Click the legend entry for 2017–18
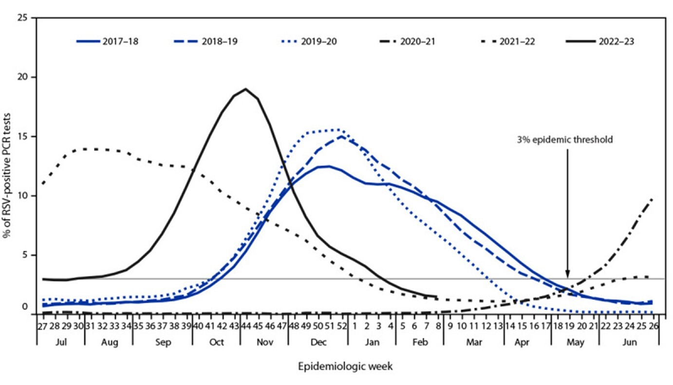point(108,41)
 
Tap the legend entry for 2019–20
point(303,41)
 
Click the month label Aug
point(109,343)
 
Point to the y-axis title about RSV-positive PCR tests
point(8,166)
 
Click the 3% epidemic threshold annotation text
point(564,139)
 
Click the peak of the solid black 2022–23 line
point(246,89)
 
